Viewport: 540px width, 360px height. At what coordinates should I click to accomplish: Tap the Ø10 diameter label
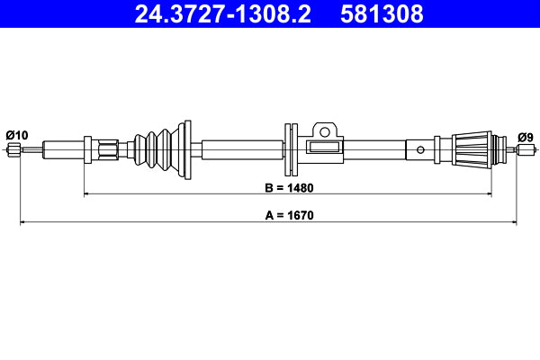[x=16, y=135]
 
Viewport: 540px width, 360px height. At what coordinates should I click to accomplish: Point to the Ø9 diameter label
[x=526, y=137]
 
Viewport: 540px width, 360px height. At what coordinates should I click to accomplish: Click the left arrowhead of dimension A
[x=23, y=220]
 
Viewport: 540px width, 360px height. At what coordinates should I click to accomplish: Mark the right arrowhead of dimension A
[x=515, y=220]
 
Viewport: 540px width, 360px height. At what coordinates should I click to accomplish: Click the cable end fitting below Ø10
[x=13, y=150]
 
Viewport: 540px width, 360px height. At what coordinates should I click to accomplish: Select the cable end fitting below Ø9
[x=523, y=150]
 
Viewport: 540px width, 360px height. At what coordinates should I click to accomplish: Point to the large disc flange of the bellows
[x=186, y=149]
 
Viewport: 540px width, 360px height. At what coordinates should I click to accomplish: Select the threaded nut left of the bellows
[x=109, y=150]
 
